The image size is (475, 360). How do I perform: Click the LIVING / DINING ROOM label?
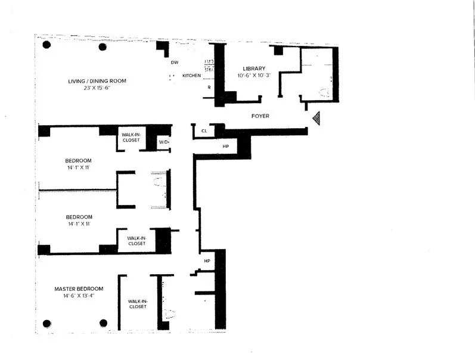(x=96, y=81)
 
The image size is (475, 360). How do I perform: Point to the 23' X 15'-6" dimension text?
(x=96, y=89)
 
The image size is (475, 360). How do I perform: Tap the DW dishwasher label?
(x=175, y=62)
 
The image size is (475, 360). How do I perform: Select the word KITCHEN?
(x=191, y=76)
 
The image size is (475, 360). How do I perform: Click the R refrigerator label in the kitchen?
(x=209, y=87)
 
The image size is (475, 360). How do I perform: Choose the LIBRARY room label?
(x=253, y=68)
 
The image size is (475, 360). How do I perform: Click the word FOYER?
(x=260, y=116)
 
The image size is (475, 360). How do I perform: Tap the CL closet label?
(x=204, y=131)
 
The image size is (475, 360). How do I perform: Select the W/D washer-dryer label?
(x=163, y=142)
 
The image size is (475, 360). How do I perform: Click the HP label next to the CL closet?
(x=226, y=146)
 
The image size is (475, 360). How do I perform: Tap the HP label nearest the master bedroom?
(x=207, y=261)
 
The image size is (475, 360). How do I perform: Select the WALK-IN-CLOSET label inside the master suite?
(x=137, y=304)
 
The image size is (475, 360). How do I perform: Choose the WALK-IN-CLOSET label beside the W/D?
(x=131, y=136)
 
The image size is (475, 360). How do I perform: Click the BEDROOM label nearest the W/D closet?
(x=77, y=160)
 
